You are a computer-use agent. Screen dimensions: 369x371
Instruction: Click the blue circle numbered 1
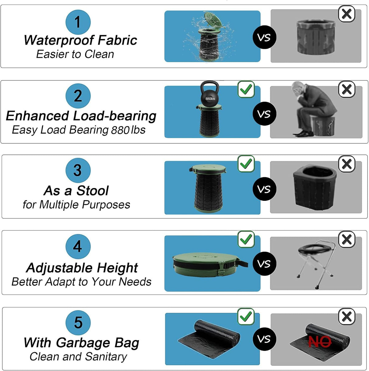[78, 22]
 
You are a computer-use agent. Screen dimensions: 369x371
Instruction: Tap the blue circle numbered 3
[78, 170]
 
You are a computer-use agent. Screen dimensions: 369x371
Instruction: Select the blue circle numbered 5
[78, 322]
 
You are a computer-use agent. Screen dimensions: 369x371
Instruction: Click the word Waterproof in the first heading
[59, 41]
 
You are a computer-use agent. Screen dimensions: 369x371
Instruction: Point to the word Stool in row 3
[93, 191]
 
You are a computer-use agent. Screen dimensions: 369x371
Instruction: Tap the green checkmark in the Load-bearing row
[246, 89]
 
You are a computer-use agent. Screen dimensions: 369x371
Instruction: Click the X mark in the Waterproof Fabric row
[347, 14]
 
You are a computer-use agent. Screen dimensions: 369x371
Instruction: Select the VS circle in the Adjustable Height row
[264, 264]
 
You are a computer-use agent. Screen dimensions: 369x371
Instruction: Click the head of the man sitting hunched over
[297, 88]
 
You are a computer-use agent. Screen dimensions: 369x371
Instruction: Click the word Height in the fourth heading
[117, 268]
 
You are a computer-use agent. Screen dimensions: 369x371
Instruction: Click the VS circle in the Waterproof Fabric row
[264, 37]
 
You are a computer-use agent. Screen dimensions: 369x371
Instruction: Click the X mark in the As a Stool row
[347, 164]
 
